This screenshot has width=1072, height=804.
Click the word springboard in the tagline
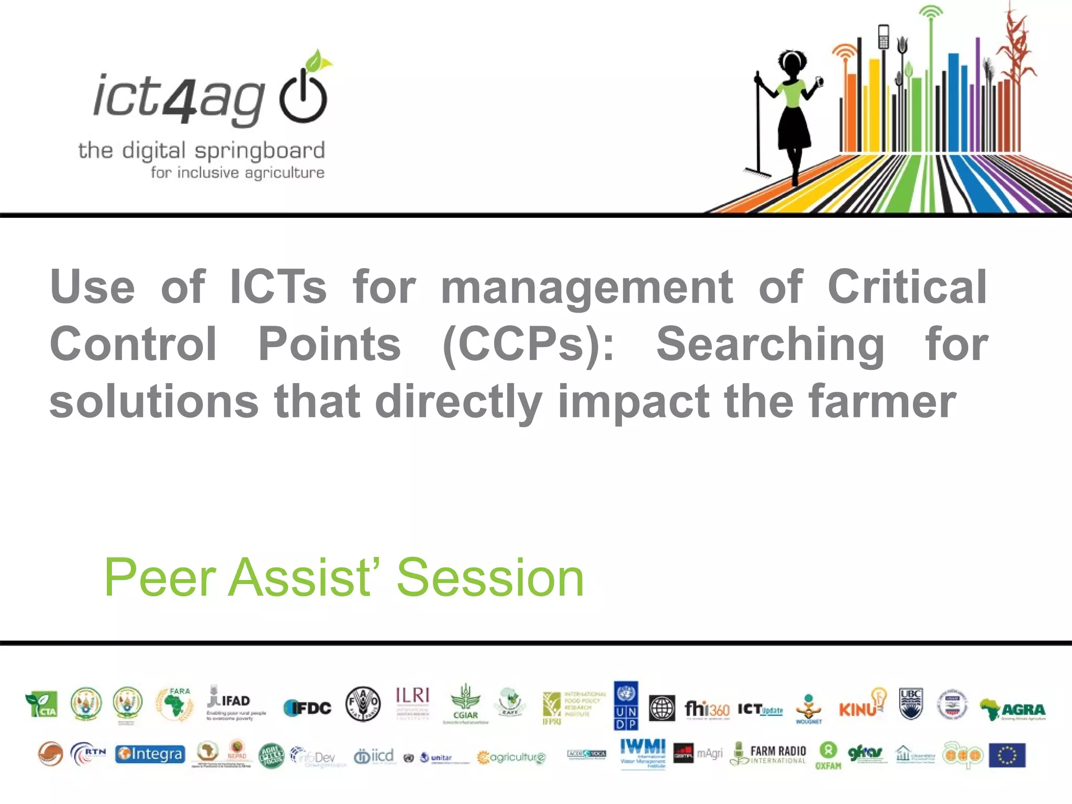tap(260, 151)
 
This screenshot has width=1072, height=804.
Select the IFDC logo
tap(307, 708)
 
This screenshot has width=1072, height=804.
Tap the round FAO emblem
tap(363, 704)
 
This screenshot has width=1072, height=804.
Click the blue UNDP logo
tap(626, 705)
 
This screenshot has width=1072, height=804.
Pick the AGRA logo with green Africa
tap(1012, 709)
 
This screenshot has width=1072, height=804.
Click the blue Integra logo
tap(150, 754)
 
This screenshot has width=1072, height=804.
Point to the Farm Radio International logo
tap(768, 754)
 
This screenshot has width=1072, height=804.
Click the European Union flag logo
tap(1007, 755)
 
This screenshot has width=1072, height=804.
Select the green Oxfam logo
tap(828, 755)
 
